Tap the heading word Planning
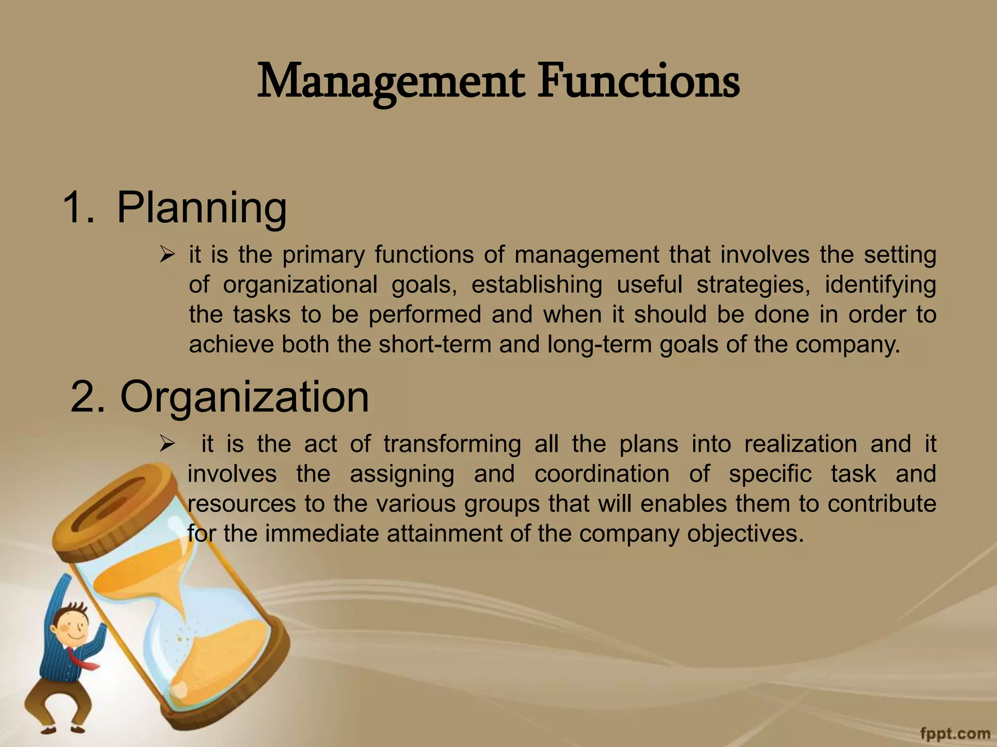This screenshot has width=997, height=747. tap(202, 208)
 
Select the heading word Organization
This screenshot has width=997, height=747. tap(244, 397)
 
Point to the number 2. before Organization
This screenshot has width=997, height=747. tap(88, 397)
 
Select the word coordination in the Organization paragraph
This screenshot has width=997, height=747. tap(602, 474)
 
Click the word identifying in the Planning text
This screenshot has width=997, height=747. tap(880, 285)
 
